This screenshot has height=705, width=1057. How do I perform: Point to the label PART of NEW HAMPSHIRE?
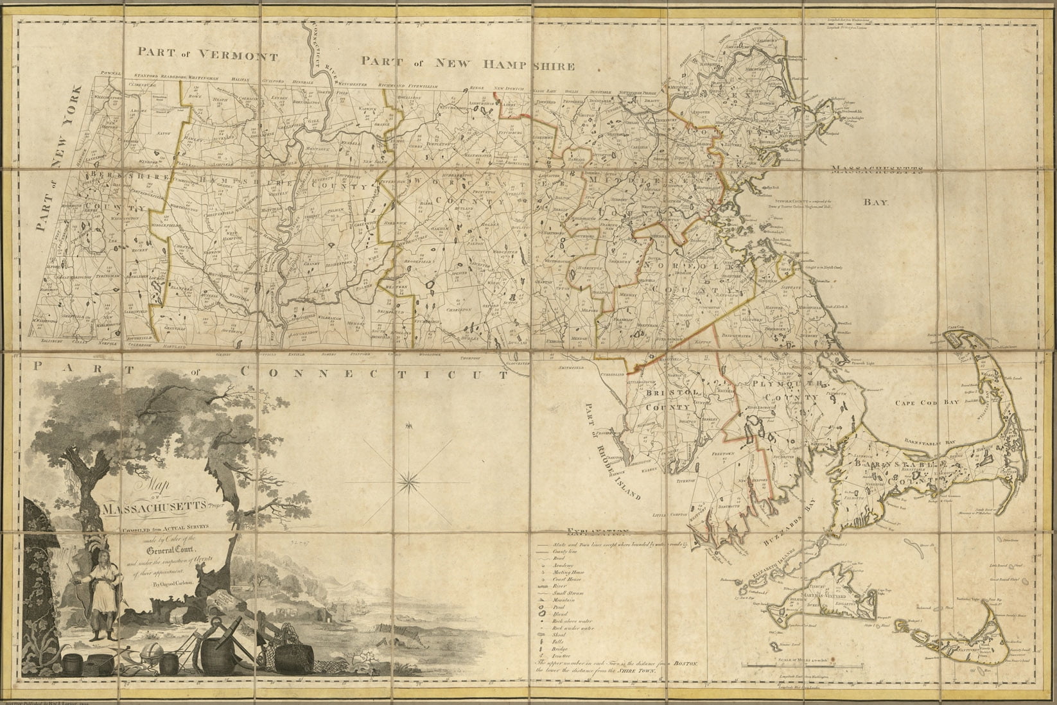(466, 62)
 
